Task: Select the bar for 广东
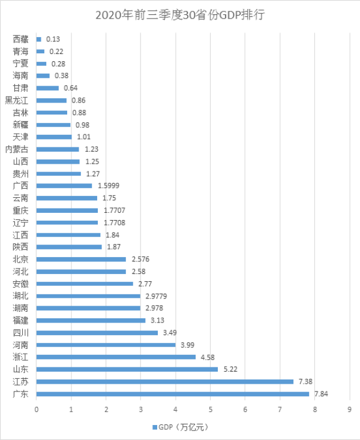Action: pyautogui.click(x=173, y=394)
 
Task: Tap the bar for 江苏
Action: pyautogui.click(x=165, y=381)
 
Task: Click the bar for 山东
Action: pyautogui.click(x=127, y=369)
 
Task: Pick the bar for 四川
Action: pyautogui.click(x=97, y=333)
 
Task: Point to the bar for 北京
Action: pyautogui.click(x=81, y=259)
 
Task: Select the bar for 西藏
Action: pyautogui.click(x=39, y=39)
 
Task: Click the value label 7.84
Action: pyautogui.click(x=322, y=394)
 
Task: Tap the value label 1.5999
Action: pyautogui.click(x=107, y=186)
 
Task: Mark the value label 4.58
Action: pyautogui.click(x=208, y=357)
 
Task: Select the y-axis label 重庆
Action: pyautogui.click(x=20, y=210)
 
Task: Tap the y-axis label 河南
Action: pyautogui.click(x=20, y=345)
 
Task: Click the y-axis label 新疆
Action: pyautogui.click(x=20, y=125)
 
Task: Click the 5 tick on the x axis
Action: pyautogui.click(x=211, y=410)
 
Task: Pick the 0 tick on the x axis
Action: pyautogui.click(x=37, y=410)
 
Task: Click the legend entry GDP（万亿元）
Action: pyautogui.click(x=179, y=427)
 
